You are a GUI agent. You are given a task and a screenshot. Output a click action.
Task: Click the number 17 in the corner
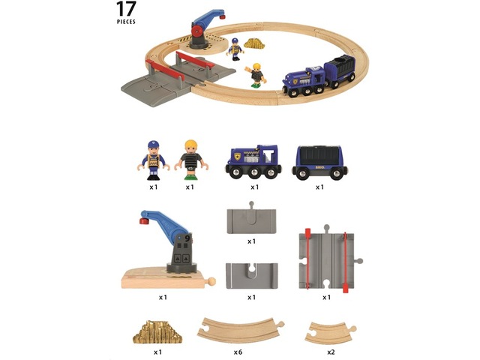click(126, 9)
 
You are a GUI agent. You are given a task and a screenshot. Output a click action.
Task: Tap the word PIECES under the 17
click(126, 22)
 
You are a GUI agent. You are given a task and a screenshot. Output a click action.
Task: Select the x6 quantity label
click(238, 352)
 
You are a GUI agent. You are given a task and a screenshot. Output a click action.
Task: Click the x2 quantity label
click(331, 352)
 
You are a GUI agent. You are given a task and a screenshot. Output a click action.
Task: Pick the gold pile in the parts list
click(157, 332)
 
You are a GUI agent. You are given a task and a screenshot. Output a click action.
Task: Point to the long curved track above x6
click(241, 330)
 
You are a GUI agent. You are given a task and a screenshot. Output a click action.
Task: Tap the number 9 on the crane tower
click(187, 238)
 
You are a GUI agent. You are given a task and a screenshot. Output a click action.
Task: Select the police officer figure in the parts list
click(153, 160)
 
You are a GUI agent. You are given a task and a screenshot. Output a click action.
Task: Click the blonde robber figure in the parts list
click(191, 160)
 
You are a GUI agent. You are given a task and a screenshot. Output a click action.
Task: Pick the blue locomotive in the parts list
click(253, 162)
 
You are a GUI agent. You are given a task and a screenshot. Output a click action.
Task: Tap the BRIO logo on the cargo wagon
click(321, 167)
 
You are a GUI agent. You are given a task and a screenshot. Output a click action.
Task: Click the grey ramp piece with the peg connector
click(251, 218)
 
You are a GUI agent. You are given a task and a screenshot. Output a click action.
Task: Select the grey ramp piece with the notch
click(252, 276)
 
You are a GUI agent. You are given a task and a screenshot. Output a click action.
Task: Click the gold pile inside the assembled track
click(254, 43)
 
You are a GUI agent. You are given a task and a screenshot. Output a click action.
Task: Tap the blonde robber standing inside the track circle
click(256, 75)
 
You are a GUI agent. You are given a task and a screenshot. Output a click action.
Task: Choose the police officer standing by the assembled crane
click(235, 49)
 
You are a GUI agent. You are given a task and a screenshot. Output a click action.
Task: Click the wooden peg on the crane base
click(211, 281)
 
